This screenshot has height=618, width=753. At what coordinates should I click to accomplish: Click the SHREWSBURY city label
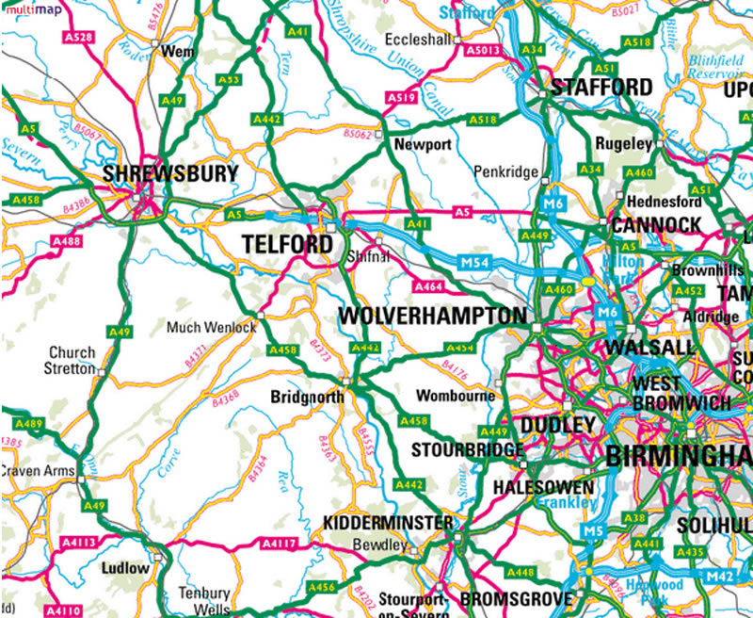click(x=170, y=174)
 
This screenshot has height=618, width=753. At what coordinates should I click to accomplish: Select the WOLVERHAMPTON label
click(x=432, y=316)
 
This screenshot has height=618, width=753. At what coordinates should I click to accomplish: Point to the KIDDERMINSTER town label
click(x=388, y=523)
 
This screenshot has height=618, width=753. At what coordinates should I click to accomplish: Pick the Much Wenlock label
click(x=211, y=329)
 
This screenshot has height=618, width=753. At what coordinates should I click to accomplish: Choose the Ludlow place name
click(x=124, y=568)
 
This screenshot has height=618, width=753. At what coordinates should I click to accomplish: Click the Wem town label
click(x=178, y=52)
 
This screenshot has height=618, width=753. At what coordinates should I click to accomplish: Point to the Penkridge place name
click(x=506, y=172)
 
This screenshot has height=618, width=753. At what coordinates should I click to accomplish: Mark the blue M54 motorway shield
click(x=476, y=260)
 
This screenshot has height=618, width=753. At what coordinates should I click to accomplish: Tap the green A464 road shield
click(x=428, y=286)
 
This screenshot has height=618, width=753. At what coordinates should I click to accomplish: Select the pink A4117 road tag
click(x=279, y=544)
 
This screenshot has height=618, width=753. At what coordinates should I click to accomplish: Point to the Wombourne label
click(x=455, y=396)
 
